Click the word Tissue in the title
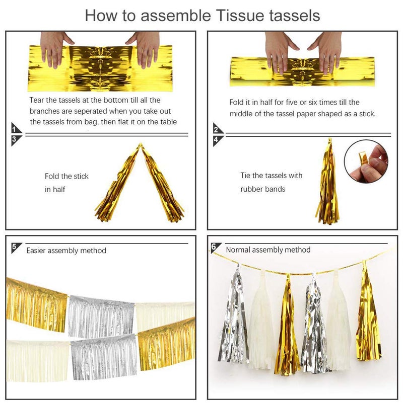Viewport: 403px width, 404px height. tap(240, 16)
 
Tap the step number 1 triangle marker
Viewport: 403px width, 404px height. tap(16, 128)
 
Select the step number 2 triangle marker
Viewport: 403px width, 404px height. tap(217, 128)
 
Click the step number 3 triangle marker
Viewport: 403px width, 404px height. tap(16, 140)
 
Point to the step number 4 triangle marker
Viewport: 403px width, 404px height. tap(217, 140)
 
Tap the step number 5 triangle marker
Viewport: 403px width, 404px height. tap(15, 247)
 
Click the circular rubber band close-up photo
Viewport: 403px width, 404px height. tap(366, 161)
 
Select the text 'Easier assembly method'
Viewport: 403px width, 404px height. tap(66, 251)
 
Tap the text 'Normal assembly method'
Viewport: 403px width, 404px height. tap(268, 250)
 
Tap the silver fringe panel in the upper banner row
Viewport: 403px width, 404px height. tap(101, 316)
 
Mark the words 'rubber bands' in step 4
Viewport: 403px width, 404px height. tap(262, 189)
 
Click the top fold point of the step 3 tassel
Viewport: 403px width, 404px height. tap(140, 145)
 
